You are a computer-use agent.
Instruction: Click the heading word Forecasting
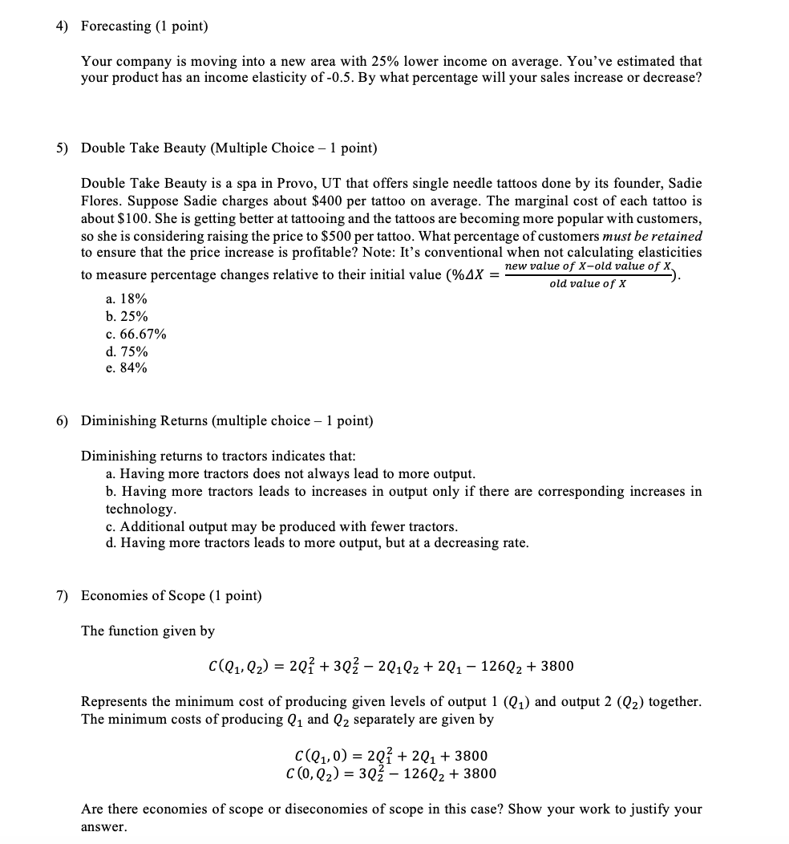pos(115,26)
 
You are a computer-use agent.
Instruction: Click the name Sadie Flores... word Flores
pos(101,201)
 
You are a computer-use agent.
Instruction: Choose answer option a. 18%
pos(126,299)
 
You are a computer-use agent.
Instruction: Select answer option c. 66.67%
pos(136,334)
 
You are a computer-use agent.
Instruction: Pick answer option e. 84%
pos(126,368)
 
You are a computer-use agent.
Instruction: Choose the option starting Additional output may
pos(281,526)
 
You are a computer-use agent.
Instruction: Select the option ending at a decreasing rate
pos(317,543)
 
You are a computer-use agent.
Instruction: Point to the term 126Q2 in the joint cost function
pos(490,667)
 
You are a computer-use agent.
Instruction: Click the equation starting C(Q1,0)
pos(391,756)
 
